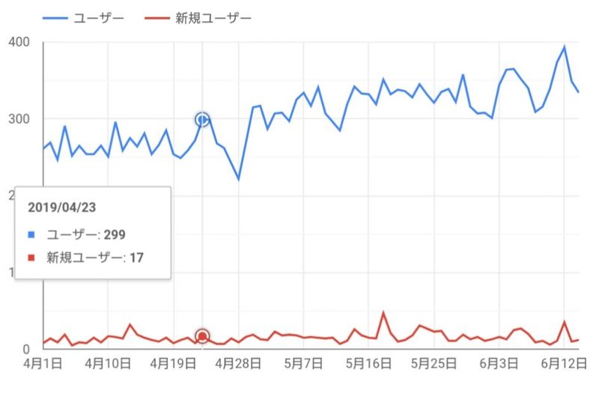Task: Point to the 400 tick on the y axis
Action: coord(19,42)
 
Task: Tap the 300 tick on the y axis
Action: coord(19,119)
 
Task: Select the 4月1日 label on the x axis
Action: coord(43,364)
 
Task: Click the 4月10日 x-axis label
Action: coord(109,364)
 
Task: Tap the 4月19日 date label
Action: coord(174,364)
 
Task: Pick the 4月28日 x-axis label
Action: coord(239,364)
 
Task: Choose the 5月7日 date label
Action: coord(304,364)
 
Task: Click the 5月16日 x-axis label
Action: coord(369,364)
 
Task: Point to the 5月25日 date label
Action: coord(435,364)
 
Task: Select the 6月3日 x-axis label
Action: coord(500,364)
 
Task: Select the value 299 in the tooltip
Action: coord(115,234)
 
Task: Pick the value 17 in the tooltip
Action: coord(136,258)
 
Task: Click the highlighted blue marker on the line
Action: coord(202,119)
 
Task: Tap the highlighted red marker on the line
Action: coord(202,337)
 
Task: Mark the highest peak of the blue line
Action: coord(565,46)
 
